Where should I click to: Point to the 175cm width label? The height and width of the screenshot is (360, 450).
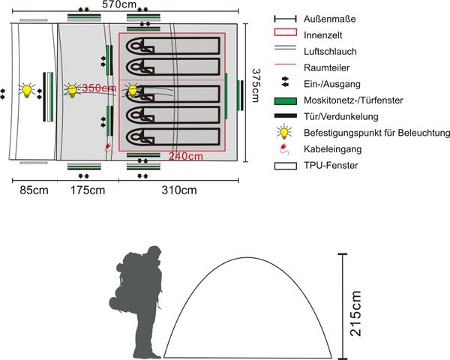(88, 190)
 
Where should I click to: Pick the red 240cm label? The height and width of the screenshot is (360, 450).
(184, 157)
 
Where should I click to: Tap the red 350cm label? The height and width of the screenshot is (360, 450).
(99, 88)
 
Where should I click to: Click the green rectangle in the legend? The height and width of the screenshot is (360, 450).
(285, 100)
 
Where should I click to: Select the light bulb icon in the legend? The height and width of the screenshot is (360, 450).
(284, 132)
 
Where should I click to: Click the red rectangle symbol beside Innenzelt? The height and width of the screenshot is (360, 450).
(285, 34)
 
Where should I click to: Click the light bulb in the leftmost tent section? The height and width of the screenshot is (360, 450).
(28, 91)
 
